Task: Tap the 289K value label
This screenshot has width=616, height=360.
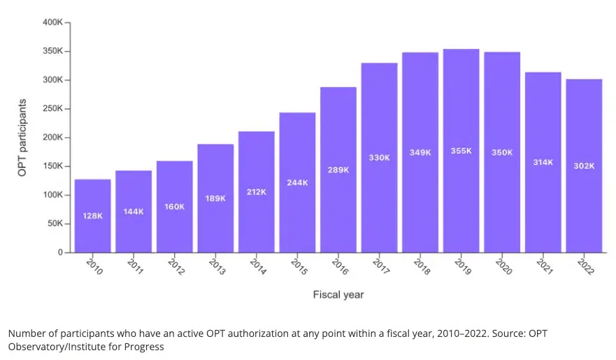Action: (338, 170)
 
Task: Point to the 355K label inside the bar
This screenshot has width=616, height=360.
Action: (461, 152)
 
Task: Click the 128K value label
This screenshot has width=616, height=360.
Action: (92, 216)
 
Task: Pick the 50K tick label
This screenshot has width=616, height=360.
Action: (54, 224)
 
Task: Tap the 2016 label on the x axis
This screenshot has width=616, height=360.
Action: (340, 266)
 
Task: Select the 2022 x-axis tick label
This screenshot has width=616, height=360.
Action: (585, 266)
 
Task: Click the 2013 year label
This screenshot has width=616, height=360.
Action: (217, 266)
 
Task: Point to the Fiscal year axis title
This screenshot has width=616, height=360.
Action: (338, 295)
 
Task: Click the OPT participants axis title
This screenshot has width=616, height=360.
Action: (22, 137)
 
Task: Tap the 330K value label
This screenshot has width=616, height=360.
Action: (379, 158)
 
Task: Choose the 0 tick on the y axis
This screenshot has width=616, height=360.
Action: (59, 252)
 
